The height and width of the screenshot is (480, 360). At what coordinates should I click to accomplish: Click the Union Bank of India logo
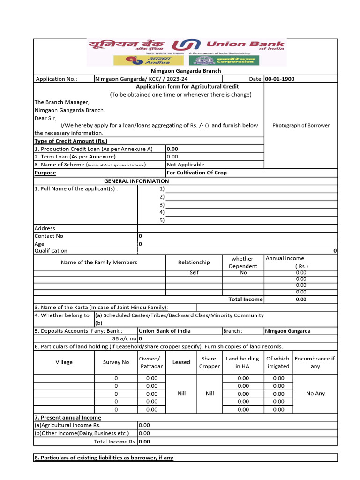coord(186,46)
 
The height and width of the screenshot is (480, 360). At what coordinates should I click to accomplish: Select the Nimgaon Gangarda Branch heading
coord(185,71)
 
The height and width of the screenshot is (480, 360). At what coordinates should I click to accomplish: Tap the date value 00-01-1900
coord(280,79)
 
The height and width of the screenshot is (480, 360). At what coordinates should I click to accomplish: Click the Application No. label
coord(57,79)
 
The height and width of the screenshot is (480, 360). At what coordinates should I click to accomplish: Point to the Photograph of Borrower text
coord(301,125)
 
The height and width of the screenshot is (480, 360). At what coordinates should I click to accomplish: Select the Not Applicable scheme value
coord(186,165)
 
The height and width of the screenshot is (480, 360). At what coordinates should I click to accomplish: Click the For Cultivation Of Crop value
coord(196,172)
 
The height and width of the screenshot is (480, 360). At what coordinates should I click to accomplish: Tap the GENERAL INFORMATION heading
coord(136,181)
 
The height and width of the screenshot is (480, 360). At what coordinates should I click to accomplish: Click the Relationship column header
coord(194,262)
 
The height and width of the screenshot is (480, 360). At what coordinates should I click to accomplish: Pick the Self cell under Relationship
coord(194,272)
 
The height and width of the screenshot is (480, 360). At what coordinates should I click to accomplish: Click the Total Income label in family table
coord(245,299)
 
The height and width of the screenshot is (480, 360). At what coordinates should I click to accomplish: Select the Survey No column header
coord(116,362)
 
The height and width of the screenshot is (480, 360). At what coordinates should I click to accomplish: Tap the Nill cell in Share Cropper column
coord(210,393)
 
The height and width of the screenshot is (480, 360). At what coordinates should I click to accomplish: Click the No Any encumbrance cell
coord(315,393)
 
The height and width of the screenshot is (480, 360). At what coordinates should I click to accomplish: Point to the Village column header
coord(64,362)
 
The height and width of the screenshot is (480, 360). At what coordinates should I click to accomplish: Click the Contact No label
coord(49,236)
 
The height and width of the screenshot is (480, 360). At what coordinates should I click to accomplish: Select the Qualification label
coord(51,251)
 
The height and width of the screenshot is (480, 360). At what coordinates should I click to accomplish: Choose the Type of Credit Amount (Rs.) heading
coord(71,141)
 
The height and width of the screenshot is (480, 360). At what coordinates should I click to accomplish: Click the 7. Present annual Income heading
coord(67,417)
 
